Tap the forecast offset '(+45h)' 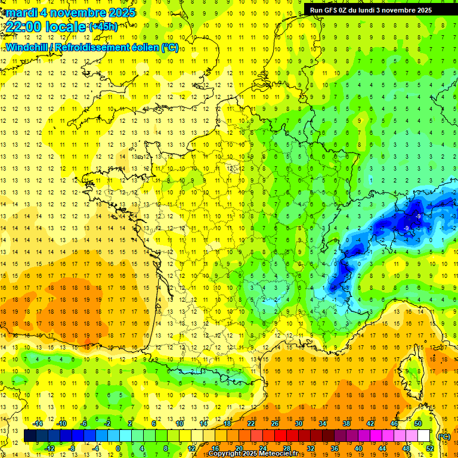click(103, 26)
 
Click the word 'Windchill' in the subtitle click(28, 48)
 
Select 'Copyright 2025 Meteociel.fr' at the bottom click(257, 454)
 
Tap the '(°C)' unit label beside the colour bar click(444, 436)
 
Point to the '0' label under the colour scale click(118, 448)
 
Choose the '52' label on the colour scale click(430, 448)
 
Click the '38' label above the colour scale click(346, 423)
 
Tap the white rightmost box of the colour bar click(424, 435)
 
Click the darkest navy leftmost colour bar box click(30, 435)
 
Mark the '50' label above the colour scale click(417, 423)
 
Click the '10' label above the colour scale click(180, 423)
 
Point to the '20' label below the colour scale click(239, 448)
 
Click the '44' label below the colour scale click(382, 448)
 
